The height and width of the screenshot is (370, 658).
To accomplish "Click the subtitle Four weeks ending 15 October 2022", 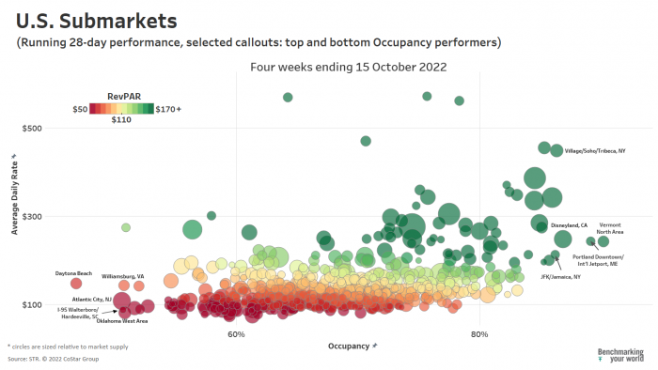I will coord(347,67).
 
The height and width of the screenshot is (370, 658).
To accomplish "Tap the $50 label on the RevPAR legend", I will coord(81,109).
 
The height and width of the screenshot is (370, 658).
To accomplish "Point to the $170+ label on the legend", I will coord(168,109).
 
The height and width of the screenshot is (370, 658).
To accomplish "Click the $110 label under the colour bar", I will coord(121,120).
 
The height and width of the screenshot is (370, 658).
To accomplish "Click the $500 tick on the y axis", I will coord(32,128).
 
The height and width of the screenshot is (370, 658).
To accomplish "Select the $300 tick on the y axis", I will coord(32,217).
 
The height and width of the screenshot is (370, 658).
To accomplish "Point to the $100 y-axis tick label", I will coord(32,305).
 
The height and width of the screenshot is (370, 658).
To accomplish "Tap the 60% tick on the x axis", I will coord(236,335).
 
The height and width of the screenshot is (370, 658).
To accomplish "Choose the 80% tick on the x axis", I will coord(479,335).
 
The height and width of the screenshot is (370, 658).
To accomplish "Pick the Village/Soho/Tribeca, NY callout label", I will coord(595,151).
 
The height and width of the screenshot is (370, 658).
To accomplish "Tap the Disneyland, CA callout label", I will coord(569,226).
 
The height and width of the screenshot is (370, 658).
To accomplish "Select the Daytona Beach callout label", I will coord(74,272).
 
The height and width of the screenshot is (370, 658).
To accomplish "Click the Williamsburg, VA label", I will coord(123,276).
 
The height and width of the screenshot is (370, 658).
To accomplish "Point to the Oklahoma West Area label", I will coord(122,321).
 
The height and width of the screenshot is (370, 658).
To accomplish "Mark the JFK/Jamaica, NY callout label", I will coord(561,276).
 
